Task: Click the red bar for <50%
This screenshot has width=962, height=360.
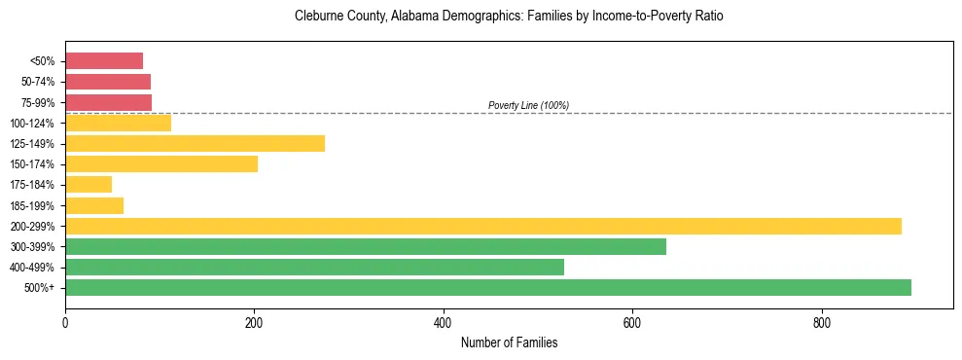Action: point(104,61)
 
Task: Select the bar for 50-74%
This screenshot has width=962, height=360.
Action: point(108,82)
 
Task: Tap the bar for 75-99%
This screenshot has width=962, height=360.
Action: point(108,102)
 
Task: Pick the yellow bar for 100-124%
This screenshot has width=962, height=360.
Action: point(118,123)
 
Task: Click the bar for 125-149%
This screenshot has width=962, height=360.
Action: point(195,144)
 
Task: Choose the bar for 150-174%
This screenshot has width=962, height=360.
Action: point(161,164)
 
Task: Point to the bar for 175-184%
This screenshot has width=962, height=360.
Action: point(89,185)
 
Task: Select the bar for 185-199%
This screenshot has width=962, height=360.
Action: point(94,205)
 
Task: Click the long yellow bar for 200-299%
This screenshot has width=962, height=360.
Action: point(483,226)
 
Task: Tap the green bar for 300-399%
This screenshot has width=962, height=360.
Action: point(366,246)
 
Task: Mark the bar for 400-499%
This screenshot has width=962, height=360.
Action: point(314,267)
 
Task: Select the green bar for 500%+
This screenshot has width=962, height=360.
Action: point(488,287)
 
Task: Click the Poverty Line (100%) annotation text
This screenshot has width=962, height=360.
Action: point(528,105)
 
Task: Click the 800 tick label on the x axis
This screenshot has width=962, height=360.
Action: point(822,323)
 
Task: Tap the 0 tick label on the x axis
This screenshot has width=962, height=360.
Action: point(65,323)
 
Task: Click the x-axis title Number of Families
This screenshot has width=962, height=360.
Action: point(509,342)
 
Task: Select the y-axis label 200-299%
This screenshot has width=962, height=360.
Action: point(32,226)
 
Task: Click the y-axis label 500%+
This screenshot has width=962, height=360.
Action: point(40,287)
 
